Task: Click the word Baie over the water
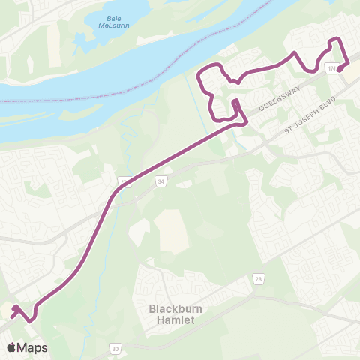click(109, 16)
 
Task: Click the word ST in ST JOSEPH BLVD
click(288, 132)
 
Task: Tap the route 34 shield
click(160, 181)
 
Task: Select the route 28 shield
click(257, 278)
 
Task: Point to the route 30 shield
click(115, 348)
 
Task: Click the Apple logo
click(12, 347)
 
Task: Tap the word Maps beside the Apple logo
click(33, 347)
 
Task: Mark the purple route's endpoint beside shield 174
click(340, 70)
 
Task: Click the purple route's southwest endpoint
click(14, 307)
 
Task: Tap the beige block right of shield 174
click(352, 69)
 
